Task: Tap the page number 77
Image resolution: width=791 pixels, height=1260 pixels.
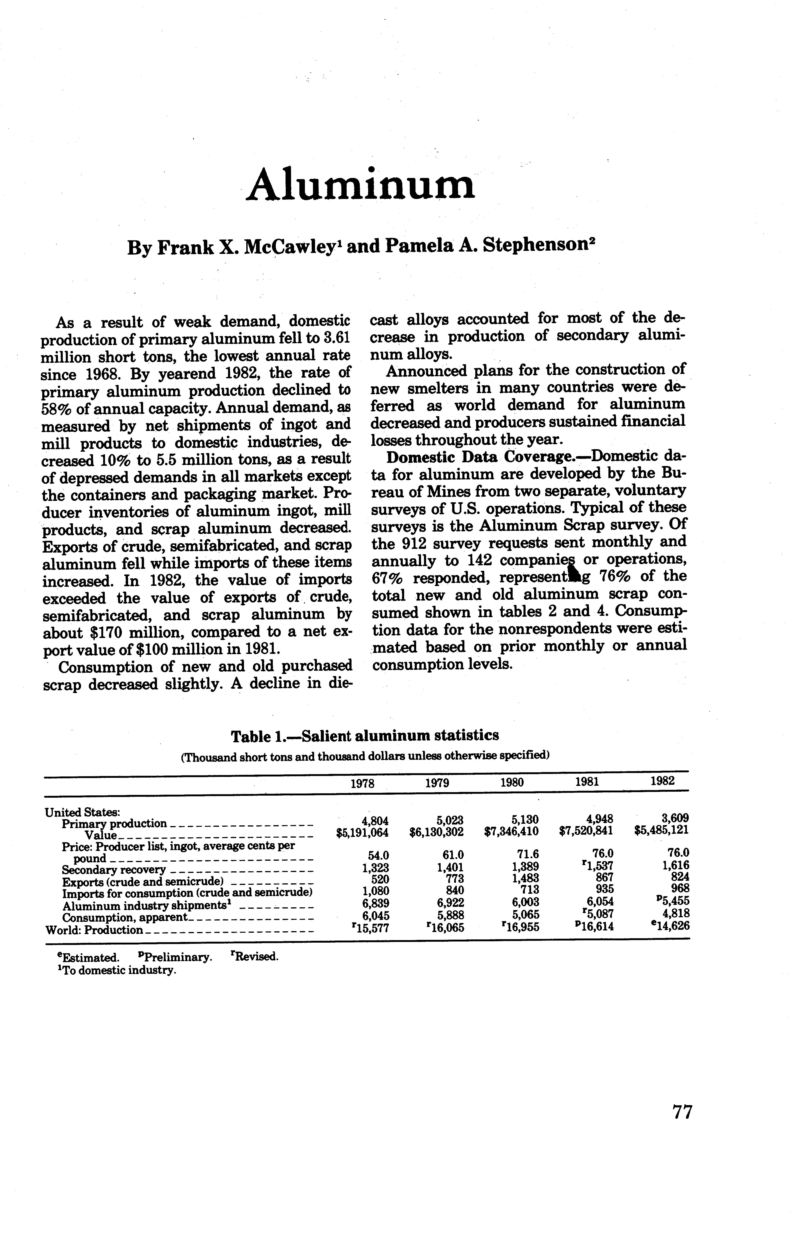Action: tap(682, 1126)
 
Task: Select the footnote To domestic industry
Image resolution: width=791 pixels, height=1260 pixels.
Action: tap(118, 970)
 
